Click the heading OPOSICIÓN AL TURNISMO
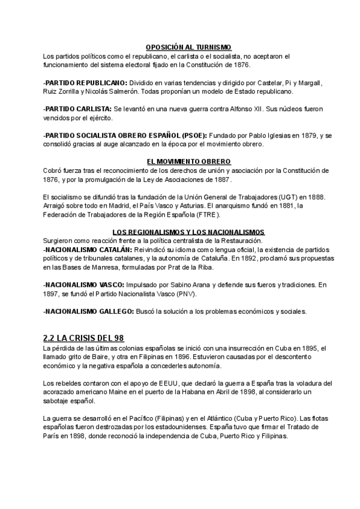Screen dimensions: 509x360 [188, 47]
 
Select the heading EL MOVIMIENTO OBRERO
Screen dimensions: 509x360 [188, 162]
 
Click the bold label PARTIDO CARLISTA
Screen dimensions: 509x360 [79, 109]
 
